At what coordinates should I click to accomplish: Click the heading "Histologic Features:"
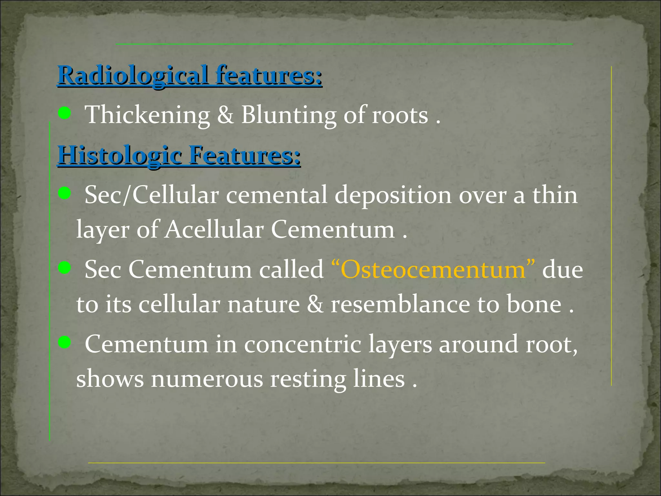tap(179, 156)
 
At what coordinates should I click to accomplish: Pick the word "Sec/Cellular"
tap(152, 196)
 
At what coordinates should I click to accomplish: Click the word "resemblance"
tap(400, 304)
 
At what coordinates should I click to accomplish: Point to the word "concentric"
tap(302, 344)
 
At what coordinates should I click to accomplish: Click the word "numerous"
tap(207, 379)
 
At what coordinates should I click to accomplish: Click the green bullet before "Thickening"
tap(65, 113)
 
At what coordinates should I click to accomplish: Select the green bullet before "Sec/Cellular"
tap(65, 193)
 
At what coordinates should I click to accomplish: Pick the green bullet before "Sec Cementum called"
tap(65, 268)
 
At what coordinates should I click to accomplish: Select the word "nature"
tap(263, 304)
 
